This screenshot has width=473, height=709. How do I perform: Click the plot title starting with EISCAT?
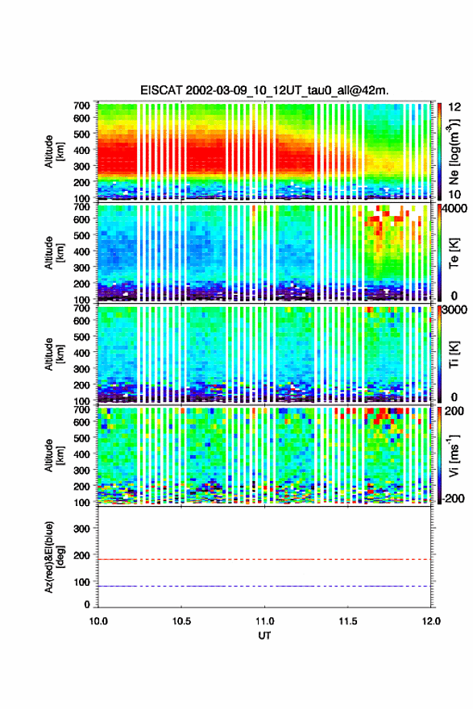pyautogui.click(x=264, y=90)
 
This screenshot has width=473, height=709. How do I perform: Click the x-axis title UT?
pyautogui.click(x=264, y=636)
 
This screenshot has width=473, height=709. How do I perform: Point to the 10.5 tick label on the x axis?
pyautogui.click(x=181, y=621)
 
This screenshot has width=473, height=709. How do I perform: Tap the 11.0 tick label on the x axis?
pyautogui.click(x=264, y=621)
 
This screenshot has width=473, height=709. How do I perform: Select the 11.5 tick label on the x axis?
pyautogui.click(x=348, y=621)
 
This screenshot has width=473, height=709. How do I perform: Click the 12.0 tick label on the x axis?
pyautogui.click(x=431, y=621)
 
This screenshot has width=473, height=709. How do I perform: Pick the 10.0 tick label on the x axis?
pyautogui.click(x=98, y=621)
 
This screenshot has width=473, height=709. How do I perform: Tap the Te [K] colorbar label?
pyautogui.click(x=454, y=253)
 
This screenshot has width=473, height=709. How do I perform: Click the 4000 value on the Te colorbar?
pyautogui.click(x=455, y=209)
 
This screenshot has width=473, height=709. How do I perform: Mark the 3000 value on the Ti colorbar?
pyautogui.click(x=455, y=309)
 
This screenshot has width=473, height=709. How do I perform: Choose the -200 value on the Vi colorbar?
pyautogui.click(x=452, y=498)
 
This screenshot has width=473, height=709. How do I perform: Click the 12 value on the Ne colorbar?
pyautogui.click(x=454, y=106)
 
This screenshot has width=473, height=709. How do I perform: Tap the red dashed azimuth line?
pyautogui.click(x=264, y=559)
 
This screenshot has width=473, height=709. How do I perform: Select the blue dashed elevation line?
pyautogui.click(x=264, y=586)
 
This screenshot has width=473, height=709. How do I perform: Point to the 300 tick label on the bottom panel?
pyautogui.click(x=81, y=529)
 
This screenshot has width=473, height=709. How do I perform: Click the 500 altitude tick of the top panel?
pyautogui.click(x=81, y=134)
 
